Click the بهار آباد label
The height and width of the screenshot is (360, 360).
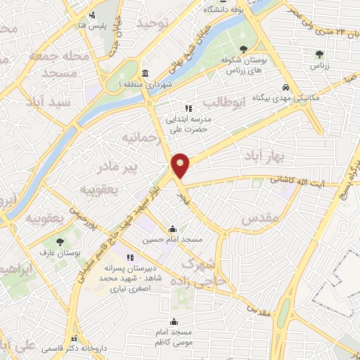point(260,154)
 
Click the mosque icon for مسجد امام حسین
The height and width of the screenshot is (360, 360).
point(172,229)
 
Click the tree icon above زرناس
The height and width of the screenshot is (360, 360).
point(319,53)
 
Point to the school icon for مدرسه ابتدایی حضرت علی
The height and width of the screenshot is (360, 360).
point(188,108)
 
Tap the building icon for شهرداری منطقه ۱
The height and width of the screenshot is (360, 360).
point(145,74)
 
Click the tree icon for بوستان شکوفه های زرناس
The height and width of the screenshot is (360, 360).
point(243,49)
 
